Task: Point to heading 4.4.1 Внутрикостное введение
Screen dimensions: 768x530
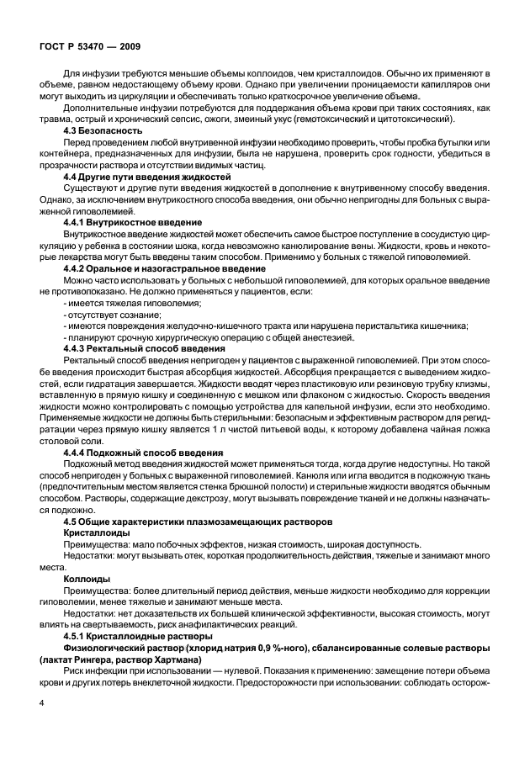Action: [133, 220]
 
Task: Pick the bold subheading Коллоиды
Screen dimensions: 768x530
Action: [86, 579]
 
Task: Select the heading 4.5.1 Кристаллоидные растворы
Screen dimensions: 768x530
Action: [138, 637]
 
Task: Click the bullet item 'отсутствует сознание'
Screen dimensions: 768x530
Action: [109, 314]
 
